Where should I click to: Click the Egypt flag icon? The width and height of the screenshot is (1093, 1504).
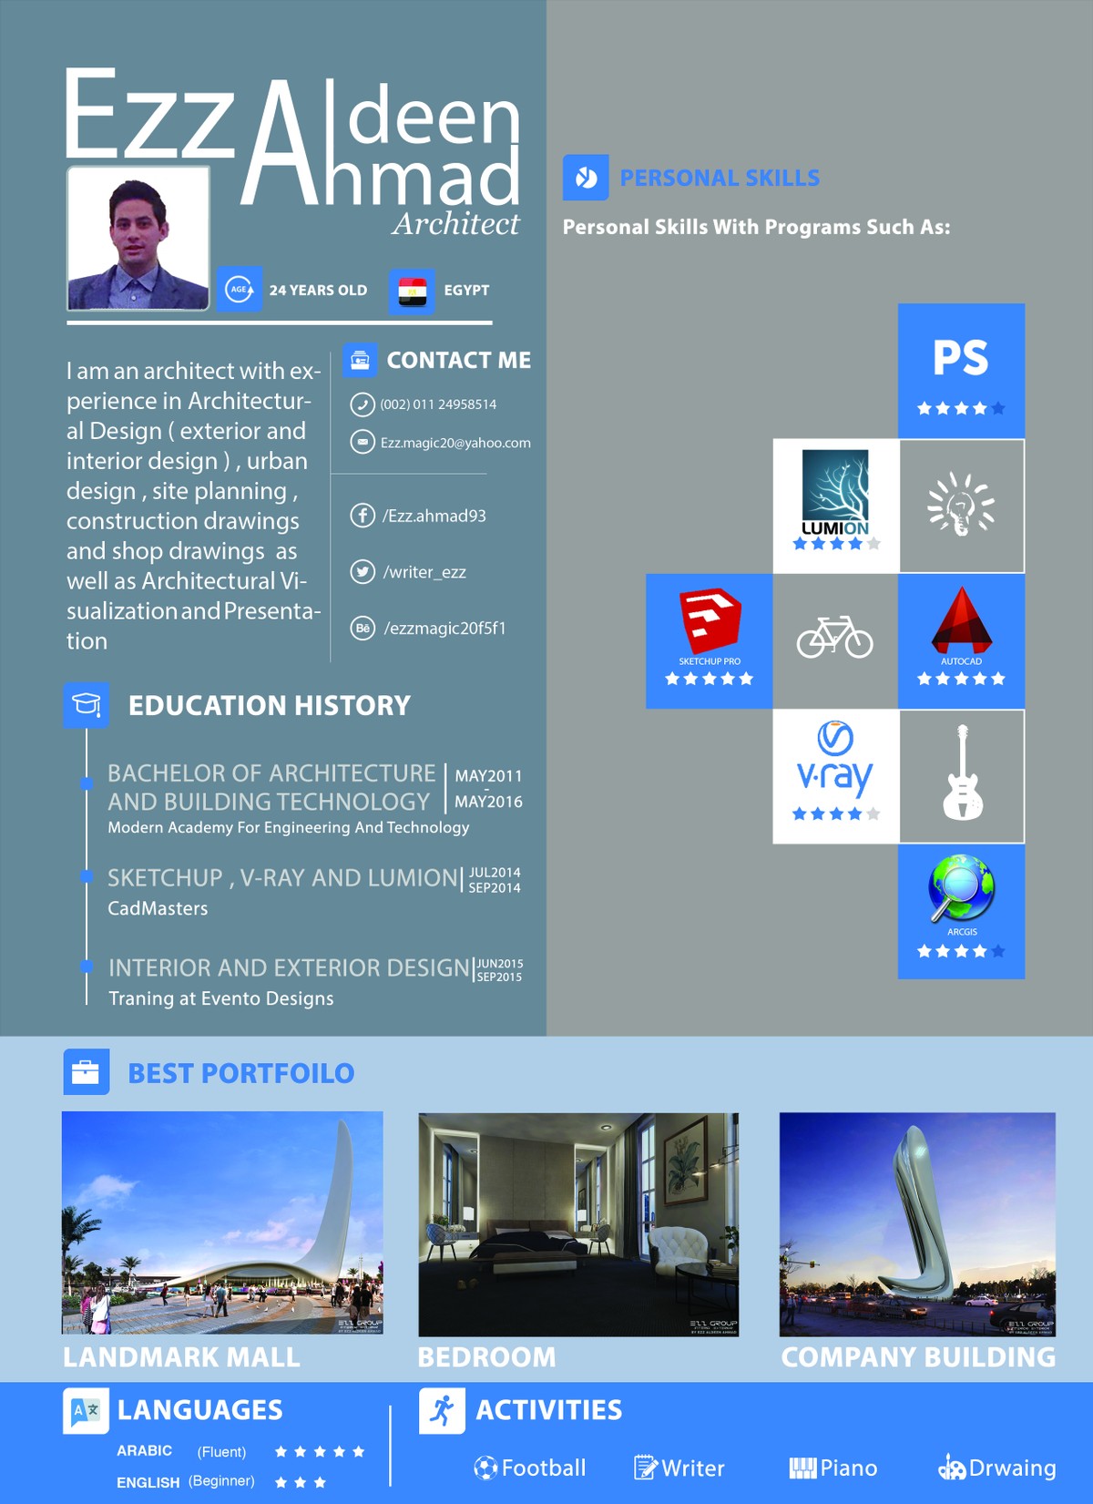[x=412, y=291]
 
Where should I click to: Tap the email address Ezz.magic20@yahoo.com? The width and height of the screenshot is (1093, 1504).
[x=455, y=443]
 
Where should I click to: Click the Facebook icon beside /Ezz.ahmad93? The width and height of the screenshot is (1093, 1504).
[x=363, y=516]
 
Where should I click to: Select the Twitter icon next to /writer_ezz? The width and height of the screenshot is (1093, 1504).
[x=363, y=572]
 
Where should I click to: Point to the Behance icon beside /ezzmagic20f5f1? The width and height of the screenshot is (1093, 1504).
[x=363, y=628]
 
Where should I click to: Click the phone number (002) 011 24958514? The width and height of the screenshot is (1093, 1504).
[x=438, y=404]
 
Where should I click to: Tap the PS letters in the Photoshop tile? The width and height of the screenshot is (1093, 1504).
[x=961, y=358]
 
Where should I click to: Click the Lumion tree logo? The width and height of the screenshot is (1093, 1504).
[x=835, y=486]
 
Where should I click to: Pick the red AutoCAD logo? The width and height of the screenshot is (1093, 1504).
[x=961, y=621]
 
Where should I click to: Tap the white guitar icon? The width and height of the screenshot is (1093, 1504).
[x=962, y=774]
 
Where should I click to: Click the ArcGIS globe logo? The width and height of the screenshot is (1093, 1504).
[x=961, y=888]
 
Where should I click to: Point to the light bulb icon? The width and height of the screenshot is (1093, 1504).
[x=961, y=505]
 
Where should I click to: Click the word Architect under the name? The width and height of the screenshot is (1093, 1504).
[x=456, y=224]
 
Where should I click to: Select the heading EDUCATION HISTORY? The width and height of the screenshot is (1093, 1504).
[x=270, y=705]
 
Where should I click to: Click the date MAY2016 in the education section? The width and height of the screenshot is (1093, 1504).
[x=488, y=802]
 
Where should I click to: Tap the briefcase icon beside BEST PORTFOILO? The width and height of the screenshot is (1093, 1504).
[x=86, y=1072]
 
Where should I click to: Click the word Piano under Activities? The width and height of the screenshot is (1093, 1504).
[x=848, y=1468]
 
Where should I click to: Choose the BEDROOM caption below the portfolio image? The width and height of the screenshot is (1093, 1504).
[x=486, y=1357]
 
